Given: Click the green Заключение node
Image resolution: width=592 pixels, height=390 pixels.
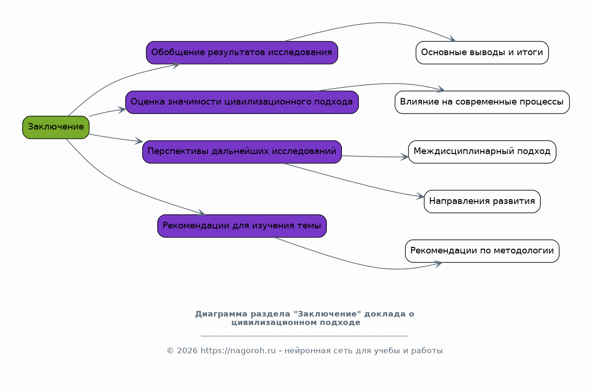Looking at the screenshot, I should click(56, 127).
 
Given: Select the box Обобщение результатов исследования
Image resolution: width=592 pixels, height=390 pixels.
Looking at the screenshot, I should click(242, 53).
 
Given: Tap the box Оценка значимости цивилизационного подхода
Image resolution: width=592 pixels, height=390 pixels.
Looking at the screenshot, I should click(242, 102).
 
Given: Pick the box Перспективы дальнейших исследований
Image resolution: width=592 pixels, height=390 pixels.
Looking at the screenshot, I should click(242, 152).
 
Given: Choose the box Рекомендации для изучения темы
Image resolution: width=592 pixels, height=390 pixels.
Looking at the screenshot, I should click(242, 226).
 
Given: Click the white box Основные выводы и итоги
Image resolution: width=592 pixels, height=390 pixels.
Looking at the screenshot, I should click(482, 53).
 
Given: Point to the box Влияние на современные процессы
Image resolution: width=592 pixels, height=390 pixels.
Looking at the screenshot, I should click(482, 102).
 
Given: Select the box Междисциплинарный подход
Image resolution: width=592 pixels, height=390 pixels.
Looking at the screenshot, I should click(482, 152).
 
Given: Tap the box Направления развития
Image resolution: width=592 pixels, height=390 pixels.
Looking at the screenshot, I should click(482, 202).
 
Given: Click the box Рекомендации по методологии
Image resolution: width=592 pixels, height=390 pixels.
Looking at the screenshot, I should click(482, 251).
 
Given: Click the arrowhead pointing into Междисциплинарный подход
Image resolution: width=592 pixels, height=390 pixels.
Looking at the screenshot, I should click(405, 157).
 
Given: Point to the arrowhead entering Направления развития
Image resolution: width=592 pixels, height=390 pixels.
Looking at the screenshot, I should click(420, 196).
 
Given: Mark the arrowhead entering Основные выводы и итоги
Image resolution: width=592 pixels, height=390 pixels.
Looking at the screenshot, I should click(452, 39).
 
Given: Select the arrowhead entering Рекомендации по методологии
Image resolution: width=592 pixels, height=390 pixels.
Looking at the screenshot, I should click(438, 264).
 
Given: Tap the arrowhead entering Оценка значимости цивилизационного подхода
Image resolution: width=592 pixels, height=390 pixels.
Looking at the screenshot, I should click(122, 110).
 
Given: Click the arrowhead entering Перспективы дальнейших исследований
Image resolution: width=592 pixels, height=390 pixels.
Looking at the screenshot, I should click(138, 141).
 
